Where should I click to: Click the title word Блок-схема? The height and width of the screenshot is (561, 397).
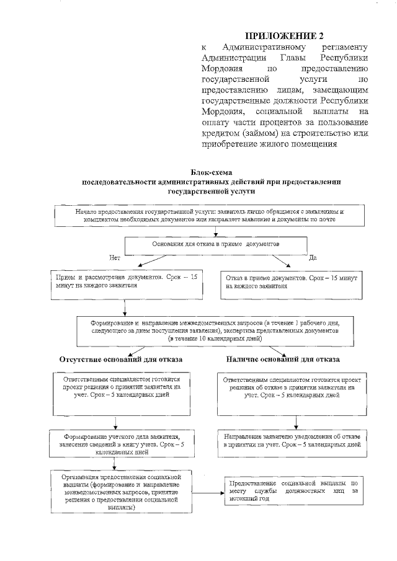[214, 172]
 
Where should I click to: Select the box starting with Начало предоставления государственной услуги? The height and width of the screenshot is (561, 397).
[214, 215]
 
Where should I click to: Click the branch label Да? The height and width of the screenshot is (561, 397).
[313, 257]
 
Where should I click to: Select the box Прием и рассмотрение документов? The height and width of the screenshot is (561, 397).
[126, 283]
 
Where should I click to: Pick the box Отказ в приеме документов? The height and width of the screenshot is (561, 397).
[292, 283]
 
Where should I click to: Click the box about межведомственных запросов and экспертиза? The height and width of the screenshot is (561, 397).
[215, 331]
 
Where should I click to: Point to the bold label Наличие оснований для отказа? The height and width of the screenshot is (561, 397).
[291, 360]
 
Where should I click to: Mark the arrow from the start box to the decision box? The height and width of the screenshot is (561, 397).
[215, 232]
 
